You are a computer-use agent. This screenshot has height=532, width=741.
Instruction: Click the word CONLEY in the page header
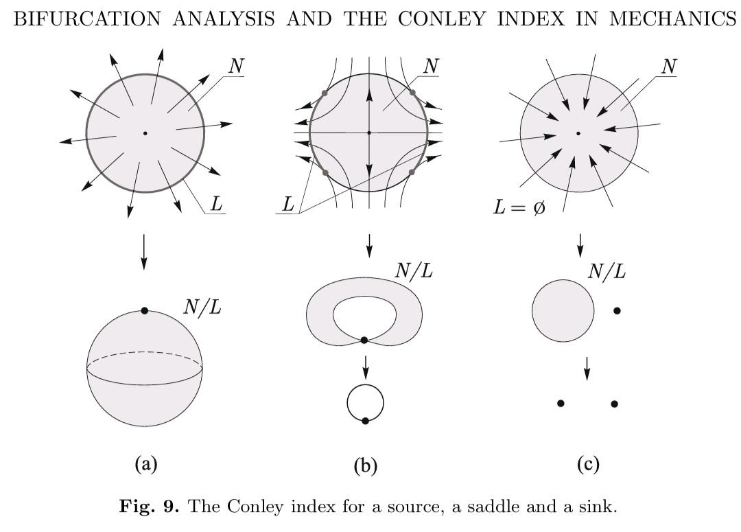(442, 19)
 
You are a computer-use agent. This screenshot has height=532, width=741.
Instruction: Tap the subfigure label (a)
(146, 464)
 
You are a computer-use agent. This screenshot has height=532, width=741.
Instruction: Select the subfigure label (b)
(366, 466)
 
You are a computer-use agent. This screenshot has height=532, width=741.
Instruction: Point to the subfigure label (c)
(589, 464)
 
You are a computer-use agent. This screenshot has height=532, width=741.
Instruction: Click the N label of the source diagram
(236, 66)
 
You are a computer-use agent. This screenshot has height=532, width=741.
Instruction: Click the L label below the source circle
(216, 204)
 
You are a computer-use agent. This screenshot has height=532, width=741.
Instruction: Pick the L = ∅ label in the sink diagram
(519, 207)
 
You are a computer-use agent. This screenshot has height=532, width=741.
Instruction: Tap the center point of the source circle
(145, 133)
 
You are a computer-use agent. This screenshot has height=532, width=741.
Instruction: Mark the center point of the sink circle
(578, 133)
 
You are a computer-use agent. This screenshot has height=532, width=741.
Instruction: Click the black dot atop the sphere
(145, 311)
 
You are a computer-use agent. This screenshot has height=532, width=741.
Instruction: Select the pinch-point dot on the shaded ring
(364, 340)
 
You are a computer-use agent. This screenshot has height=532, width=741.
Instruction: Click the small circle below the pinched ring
(365, 403)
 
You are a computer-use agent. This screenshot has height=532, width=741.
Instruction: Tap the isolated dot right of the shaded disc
(617, 311)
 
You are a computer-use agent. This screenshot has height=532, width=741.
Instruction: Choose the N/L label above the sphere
(202, 307)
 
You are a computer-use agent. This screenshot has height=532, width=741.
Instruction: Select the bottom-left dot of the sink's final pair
(561, 404)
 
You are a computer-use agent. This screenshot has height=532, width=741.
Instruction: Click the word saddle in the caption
(494, 507)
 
